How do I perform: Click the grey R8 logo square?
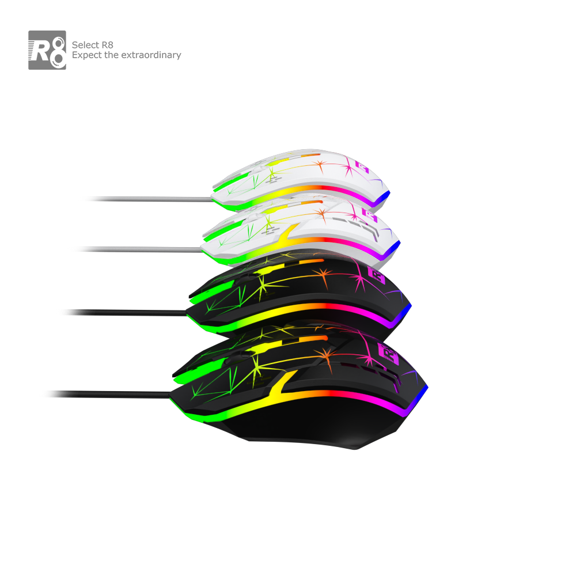(47, 50)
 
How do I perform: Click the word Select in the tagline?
(85, 45)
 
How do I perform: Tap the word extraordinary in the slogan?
(151, 55)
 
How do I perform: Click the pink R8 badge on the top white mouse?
(362, 167)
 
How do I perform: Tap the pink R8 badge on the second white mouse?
(370, 215)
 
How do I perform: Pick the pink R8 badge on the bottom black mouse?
(388, 354)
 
